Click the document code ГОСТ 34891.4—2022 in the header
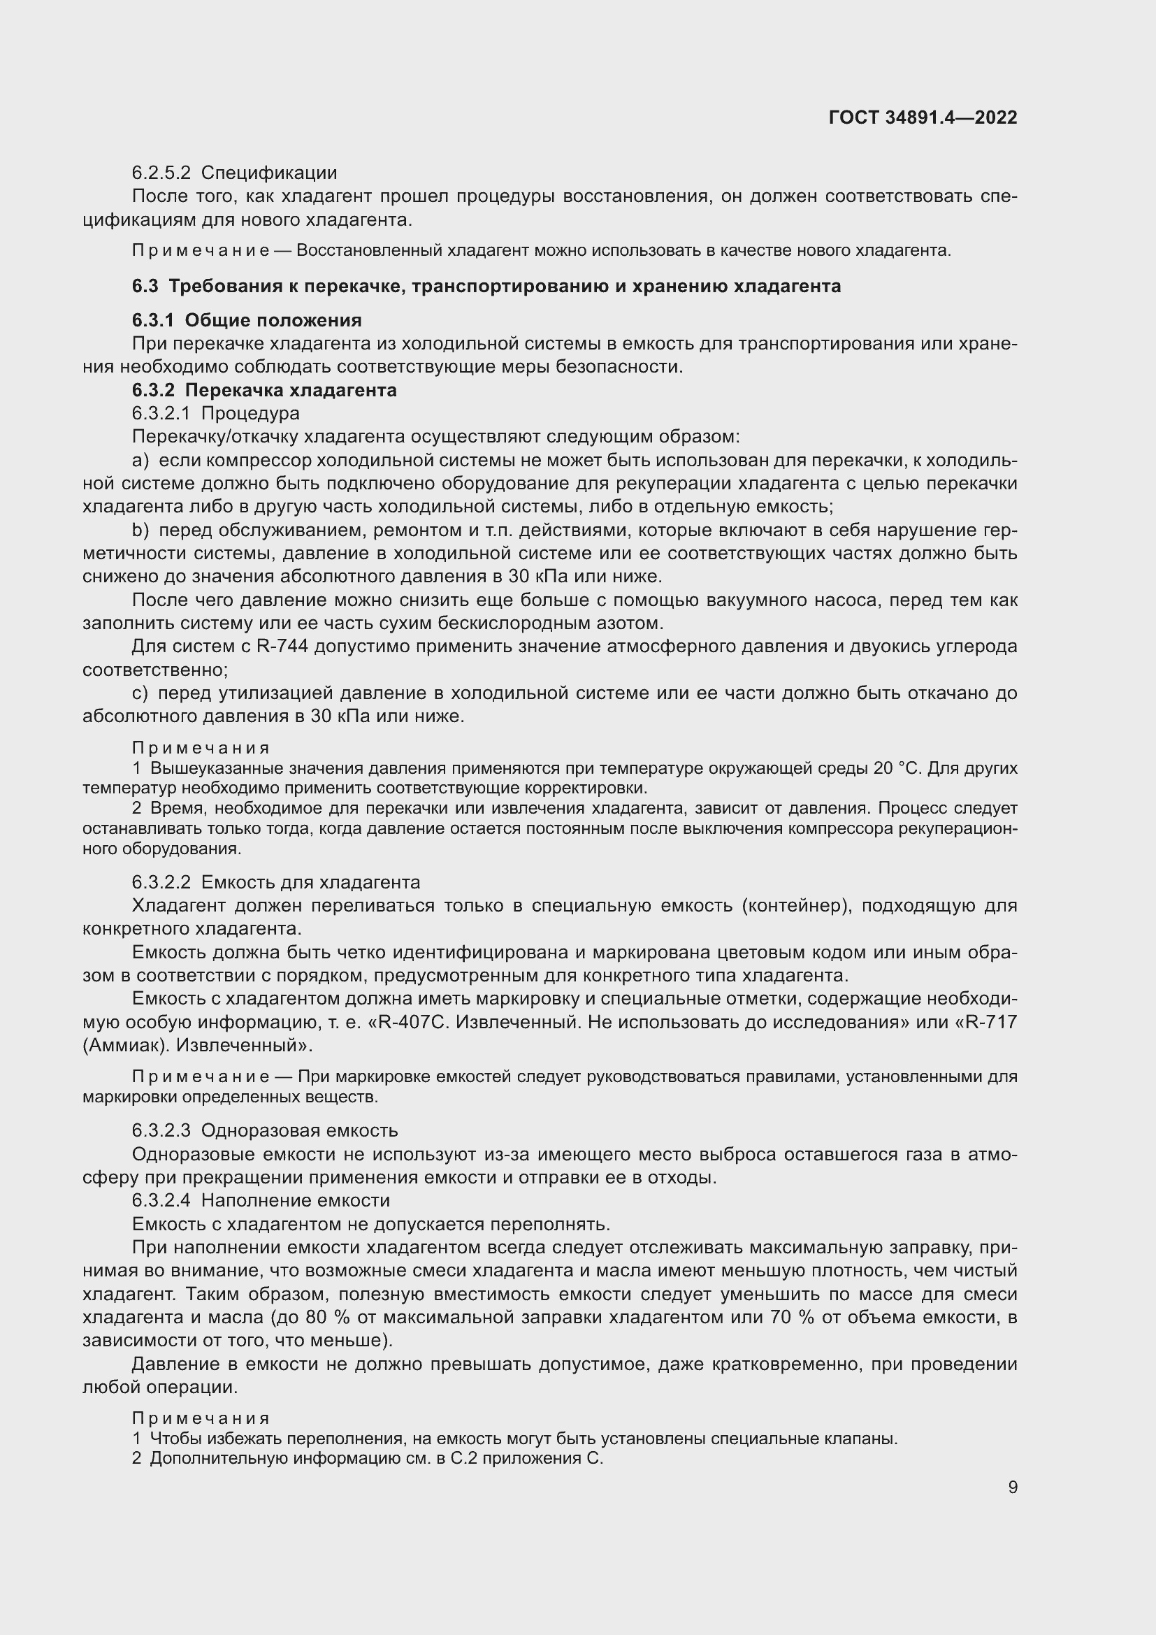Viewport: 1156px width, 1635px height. tap(923, 117)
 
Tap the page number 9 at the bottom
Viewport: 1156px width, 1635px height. tap(1012, 1487)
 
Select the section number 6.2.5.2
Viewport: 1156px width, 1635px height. tap(161, 173)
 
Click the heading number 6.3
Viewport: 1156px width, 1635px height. tap(145, 287)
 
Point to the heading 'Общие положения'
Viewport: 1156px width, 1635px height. tap(273, 320)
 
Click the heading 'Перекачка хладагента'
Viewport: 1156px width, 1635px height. tap(291, 390)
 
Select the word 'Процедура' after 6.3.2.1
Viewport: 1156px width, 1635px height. tap(251, 414)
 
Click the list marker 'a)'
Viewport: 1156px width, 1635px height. tap(140, 461)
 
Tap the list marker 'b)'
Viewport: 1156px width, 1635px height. tap(140, 531)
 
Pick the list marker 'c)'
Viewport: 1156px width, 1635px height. tap(140, 693)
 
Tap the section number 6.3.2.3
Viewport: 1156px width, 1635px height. tap(161, 1131)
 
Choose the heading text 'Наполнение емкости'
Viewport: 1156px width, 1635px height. tap(296, 1201)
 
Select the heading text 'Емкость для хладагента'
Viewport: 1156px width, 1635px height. tap(310, 883)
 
